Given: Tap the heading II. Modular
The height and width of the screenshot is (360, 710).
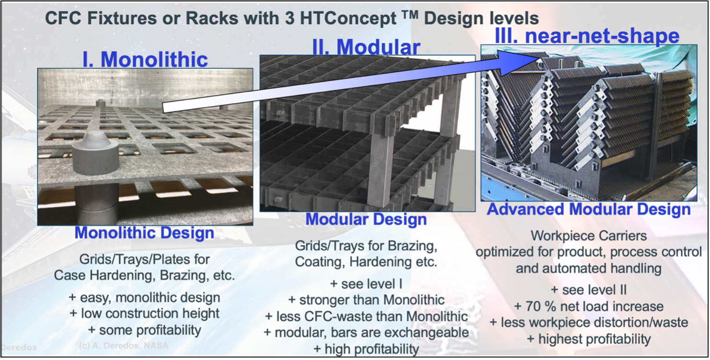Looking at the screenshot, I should (366, 47).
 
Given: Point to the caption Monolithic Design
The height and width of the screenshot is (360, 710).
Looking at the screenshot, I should (144, 233).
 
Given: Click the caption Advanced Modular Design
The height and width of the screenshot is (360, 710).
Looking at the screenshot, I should (589, 209).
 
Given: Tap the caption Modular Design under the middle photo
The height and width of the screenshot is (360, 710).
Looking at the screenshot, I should (366, 220).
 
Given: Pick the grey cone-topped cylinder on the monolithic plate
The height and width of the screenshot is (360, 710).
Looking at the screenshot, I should (95, 152).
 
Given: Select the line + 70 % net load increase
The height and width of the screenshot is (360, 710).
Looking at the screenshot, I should (589, 306).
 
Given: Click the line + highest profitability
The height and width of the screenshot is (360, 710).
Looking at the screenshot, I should (589, 339).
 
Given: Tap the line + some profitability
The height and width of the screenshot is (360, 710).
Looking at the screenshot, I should (144, 330).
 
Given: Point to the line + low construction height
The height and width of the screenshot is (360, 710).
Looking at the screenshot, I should (144, 314).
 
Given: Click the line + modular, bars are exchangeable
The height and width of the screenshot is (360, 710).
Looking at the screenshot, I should (366, 333).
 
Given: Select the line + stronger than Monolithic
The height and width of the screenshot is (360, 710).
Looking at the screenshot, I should (366, 300).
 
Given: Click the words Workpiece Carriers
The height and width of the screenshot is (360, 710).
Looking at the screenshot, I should (589, 236).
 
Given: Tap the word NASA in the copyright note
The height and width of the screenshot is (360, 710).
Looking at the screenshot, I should (155, 346).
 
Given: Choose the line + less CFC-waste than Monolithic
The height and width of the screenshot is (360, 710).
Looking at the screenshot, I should (366, 316).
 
